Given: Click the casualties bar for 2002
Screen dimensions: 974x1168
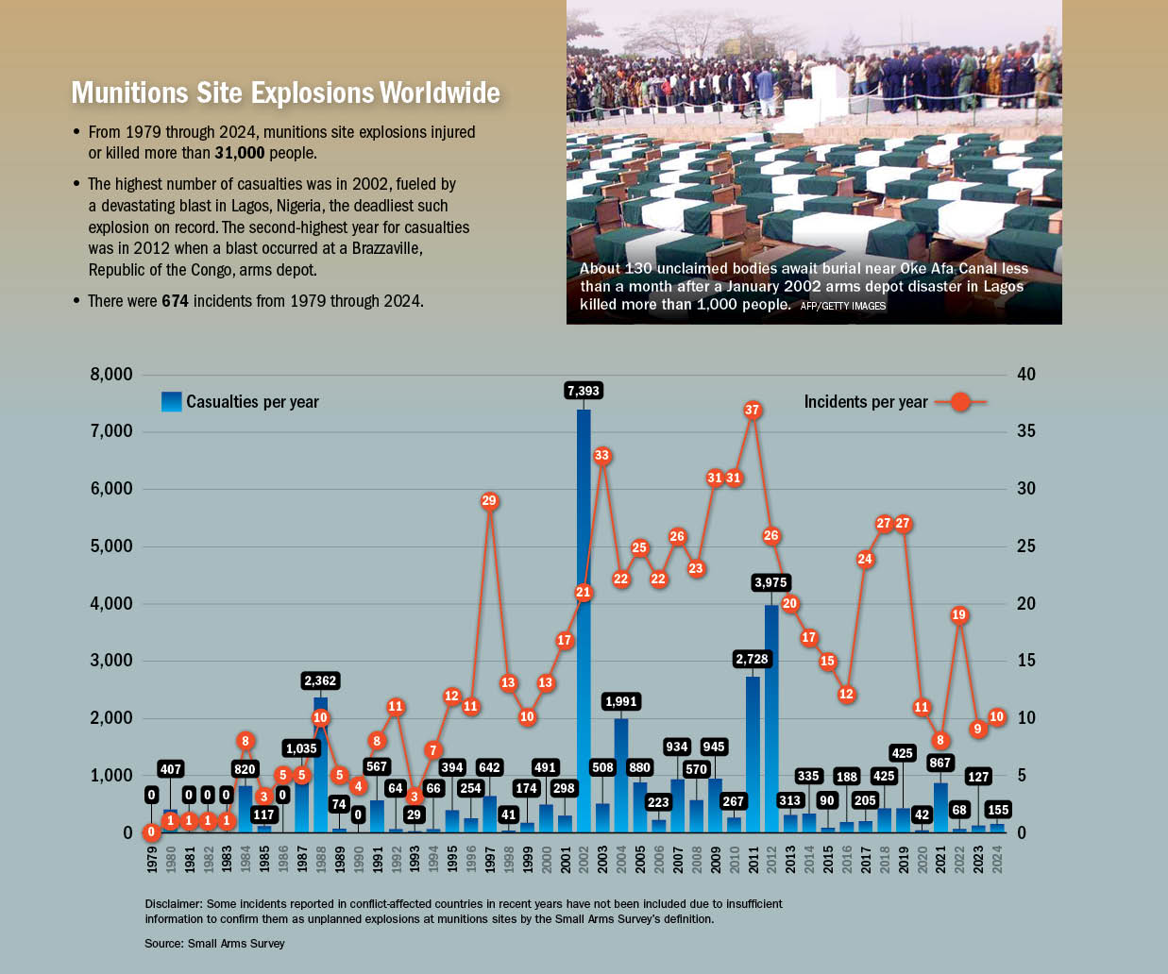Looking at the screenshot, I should click(x=584, y=661).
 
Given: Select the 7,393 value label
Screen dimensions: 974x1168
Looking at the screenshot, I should click(x=583, y=391).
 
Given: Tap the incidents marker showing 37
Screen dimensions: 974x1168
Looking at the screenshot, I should click(x=752, y=411).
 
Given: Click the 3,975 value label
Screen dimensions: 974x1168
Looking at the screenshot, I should click(x=770, y=583).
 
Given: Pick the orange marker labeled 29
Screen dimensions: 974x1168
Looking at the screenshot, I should click(x=489, y=501).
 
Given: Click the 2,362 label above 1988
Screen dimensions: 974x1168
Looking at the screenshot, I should click(x=320, y=680).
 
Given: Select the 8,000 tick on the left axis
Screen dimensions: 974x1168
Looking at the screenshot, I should click(x=111, y=375).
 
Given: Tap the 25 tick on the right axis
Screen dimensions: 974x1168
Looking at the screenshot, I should click(x=1025, y=546).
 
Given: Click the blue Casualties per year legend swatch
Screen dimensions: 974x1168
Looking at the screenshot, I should click(x=171, y=402).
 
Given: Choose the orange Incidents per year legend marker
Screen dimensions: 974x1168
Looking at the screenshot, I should click(x=959, y=402).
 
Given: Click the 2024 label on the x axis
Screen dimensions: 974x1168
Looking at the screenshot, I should click(x=997, y=858).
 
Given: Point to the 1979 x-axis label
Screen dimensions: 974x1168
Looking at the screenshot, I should click(x=152, y=858).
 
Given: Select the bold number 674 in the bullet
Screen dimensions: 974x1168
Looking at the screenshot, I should click(x=175, y=301).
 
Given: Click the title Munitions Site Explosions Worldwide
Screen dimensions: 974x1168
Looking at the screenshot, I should click(x=285, y=92).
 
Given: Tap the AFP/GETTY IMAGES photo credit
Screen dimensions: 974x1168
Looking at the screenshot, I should click(x=842, y=306).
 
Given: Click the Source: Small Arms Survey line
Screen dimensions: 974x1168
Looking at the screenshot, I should click(x=214, y=944).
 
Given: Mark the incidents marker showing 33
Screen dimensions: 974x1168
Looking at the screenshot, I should click(x=601, y=456).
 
